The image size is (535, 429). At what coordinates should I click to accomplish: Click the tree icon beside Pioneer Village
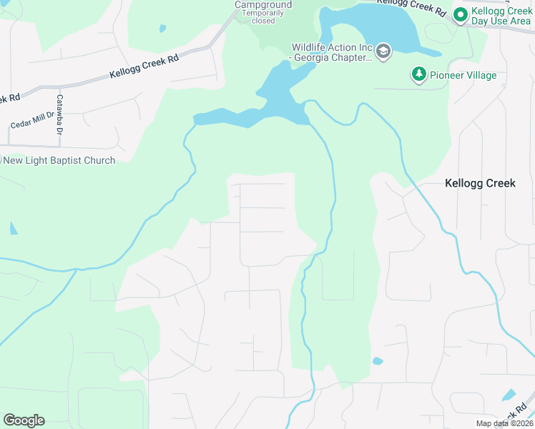[418, 74]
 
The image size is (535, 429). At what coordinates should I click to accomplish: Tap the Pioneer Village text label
[463, 75]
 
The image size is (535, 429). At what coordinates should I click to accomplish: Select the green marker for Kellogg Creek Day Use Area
[461, 14]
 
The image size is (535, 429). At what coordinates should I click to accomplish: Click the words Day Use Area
[500, 21]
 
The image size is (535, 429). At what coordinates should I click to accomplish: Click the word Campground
[263, 5]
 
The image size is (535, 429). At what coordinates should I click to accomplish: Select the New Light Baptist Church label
[59, 160]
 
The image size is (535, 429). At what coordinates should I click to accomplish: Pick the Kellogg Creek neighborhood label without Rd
[480, 183]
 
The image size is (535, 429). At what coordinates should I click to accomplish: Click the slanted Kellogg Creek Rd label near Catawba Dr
[144, 68]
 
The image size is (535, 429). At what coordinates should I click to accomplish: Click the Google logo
[24, 420]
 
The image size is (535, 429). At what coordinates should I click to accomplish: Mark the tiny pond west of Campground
[162, 29]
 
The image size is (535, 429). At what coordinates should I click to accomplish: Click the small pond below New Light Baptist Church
[14, 229]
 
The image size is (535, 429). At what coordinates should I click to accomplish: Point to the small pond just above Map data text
[509, 395]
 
